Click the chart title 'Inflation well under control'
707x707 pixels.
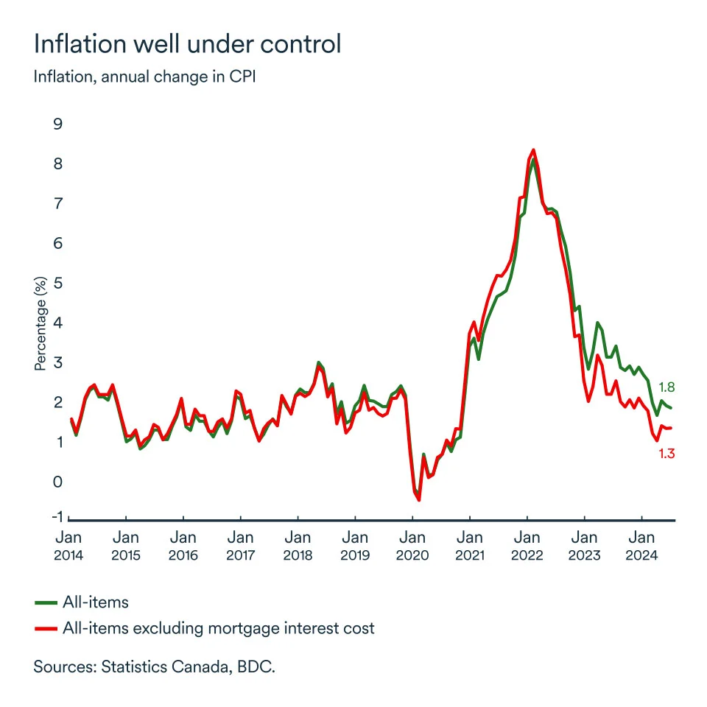pos(188,44)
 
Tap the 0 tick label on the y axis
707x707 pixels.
pos(58,482)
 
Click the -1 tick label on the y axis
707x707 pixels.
pos(56,516)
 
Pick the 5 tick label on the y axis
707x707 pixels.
pos(58,283)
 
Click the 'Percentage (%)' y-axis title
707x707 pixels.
pos(41,323)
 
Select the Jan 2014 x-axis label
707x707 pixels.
pos(68,546)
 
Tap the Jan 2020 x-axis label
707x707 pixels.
pos(412,546)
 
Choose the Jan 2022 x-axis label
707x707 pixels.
pos(527,546)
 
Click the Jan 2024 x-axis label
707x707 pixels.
pos(642,546)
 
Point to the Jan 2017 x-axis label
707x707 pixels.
pos(240,546)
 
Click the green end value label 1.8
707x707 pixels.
pos(666,387)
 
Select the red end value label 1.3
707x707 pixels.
pos(666,454)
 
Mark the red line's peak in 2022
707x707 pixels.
pos(533,150)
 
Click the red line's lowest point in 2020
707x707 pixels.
pos(419,500)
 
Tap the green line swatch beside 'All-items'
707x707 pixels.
pos(46,602)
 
